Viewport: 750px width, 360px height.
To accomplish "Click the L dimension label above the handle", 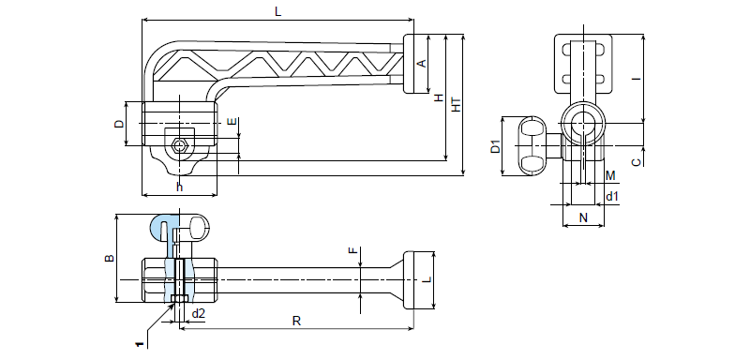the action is [277, 12].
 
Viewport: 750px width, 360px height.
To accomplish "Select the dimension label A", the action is [422, 64].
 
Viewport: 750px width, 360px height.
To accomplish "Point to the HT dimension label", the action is [457, 105].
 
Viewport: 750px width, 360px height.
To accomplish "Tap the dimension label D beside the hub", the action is [119, 124].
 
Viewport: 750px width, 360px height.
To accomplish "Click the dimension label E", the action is [232, 122].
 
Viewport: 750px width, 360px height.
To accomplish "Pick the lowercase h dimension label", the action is [179, 187].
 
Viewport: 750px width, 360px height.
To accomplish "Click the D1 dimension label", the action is [496, 146].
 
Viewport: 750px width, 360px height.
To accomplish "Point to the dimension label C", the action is [637, 162].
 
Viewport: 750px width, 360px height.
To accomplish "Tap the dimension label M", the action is [610, 176].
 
